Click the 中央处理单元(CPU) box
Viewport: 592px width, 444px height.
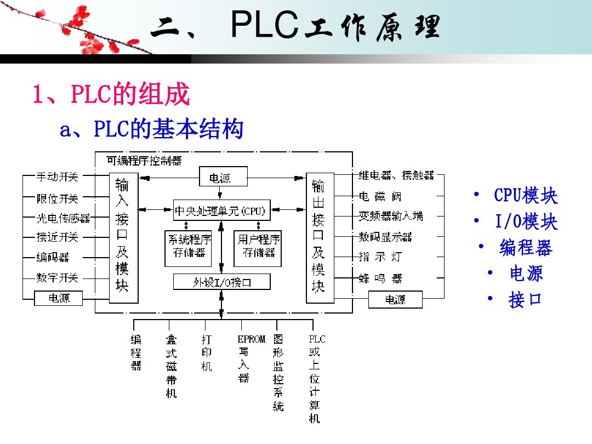[221, 210]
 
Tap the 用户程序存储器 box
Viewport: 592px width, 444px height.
[258, 246]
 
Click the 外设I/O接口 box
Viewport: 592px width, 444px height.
[221, 282]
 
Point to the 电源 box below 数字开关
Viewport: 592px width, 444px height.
[59, 298]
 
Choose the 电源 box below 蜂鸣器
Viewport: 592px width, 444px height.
[395, 299]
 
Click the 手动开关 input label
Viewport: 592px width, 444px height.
[57, 177]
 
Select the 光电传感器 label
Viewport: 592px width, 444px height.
[63, 218]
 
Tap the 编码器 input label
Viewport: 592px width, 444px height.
[53, 257]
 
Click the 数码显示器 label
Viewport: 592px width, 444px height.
[385, 237]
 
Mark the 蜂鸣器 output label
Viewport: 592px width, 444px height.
[380, 278]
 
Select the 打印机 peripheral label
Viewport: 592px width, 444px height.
[206, 353]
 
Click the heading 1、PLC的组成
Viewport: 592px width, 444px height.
[111, 95]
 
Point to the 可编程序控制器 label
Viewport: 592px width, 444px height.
[144, 161]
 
